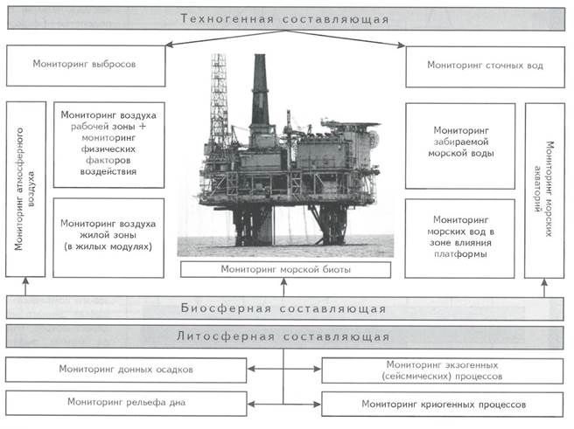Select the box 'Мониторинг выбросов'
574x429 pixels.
(86, 66)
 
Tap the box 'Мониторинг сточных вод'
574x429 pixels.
(485, 67)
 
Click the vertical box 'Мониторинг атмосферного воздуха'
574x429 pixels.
(25, 189)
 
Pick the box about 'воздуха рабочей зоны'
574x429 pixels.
(108, 145)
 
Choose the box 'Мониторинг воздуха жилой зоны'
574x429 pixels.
(108, 238)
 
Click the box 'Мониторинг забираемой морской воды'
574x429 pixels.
(460, 146)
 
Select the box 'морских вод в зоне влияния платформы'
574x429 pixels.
(459, 239)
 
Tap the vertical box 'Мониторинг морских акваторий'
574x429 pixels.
(544, 190)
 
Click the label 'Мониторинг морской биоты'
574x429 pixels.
(285, 270)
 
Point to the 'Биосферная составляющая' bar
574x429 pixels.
(284, 308)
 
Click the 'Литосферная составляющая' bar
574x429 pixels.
(284, 336)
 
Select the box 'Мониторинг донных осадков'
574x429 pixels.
(126, 370)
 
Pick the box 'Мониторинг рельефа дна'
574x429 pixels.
(126, 403)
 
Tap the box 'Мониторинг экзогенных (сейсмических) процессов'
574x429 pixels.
(442, 370)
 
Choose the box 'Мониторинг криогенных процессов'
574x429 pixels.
(442, 405)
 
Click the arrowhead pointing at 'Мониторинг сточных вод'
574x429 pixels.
(402, 45)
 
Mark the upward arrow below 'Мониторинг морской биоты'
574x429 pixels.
(283, 287)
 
